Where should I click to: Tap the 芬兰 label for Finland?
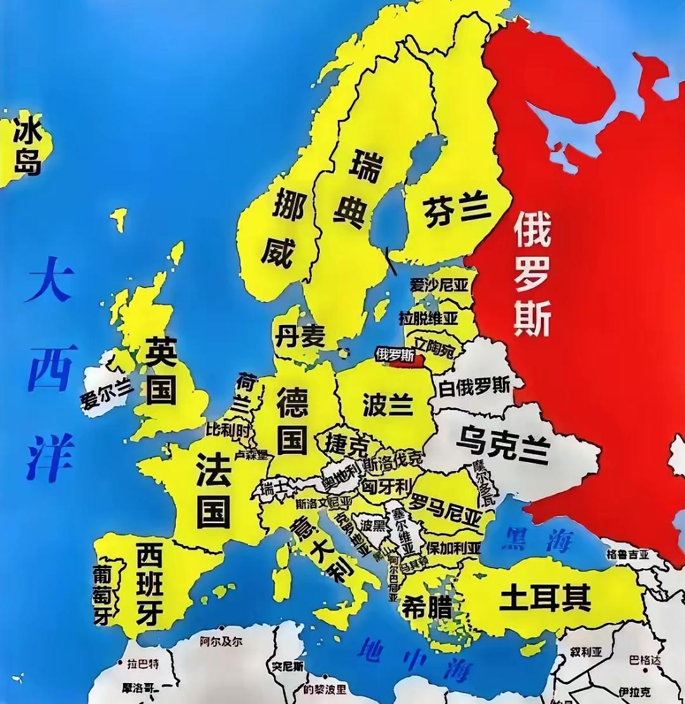[457, 209]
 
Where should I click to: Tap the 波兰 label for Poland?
[388, 404]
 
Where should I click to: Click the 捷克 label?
[346, 442]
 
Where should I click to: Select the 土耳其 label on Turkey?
[545, 597]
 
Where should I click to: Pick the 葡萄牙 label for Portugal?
[102, 595]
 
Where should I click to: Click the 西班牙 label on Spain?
[150, 584]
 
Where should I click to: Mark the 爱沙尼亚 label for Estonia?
[439, 286]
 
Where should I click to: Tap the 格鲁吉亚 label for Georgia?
[628, 554]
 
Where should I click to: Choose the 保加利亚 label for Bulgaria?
[453, 547]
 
